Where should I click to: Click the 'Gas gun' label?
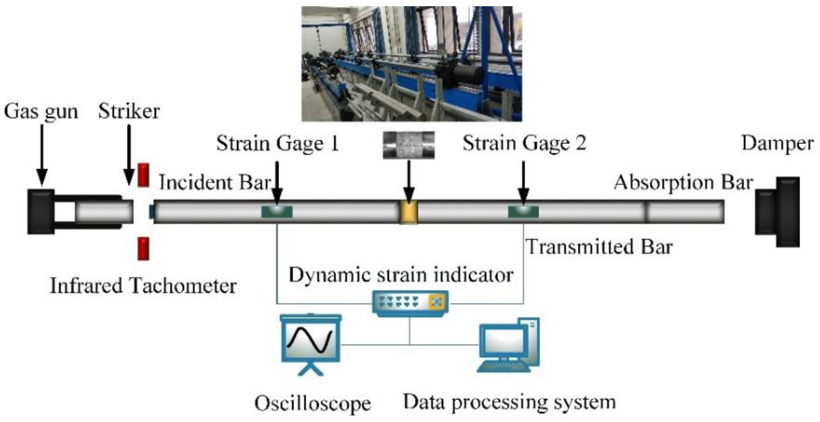click(x=41, y=112)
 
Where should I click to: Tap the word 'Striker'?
click(x=129, y=111)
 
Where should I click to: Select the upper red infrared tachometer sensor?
click(x=143, y=175)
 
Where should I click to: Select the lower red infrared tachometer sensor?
click(x=143, y=249)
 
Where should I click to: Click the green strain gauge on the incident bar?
click(x=277, y=212)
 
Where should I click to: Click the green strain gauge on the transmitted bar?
click(x=523, y=212)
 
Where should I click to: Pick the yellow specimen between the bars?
click(x=409, y=212)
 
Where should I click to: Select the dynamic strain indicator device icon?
click(x=410, y=303)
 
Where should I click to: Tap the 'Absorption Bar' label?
click(x=683, y=182)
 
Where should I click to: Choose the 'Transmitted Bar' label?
click(x=599, y=247)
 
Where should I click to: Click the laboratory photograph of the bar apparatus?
click(x=411, y=64)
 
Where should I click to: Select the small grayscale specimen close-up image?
click(x=409, y=145)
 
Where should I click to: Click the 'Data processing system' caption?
click(x=509, y=402)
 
